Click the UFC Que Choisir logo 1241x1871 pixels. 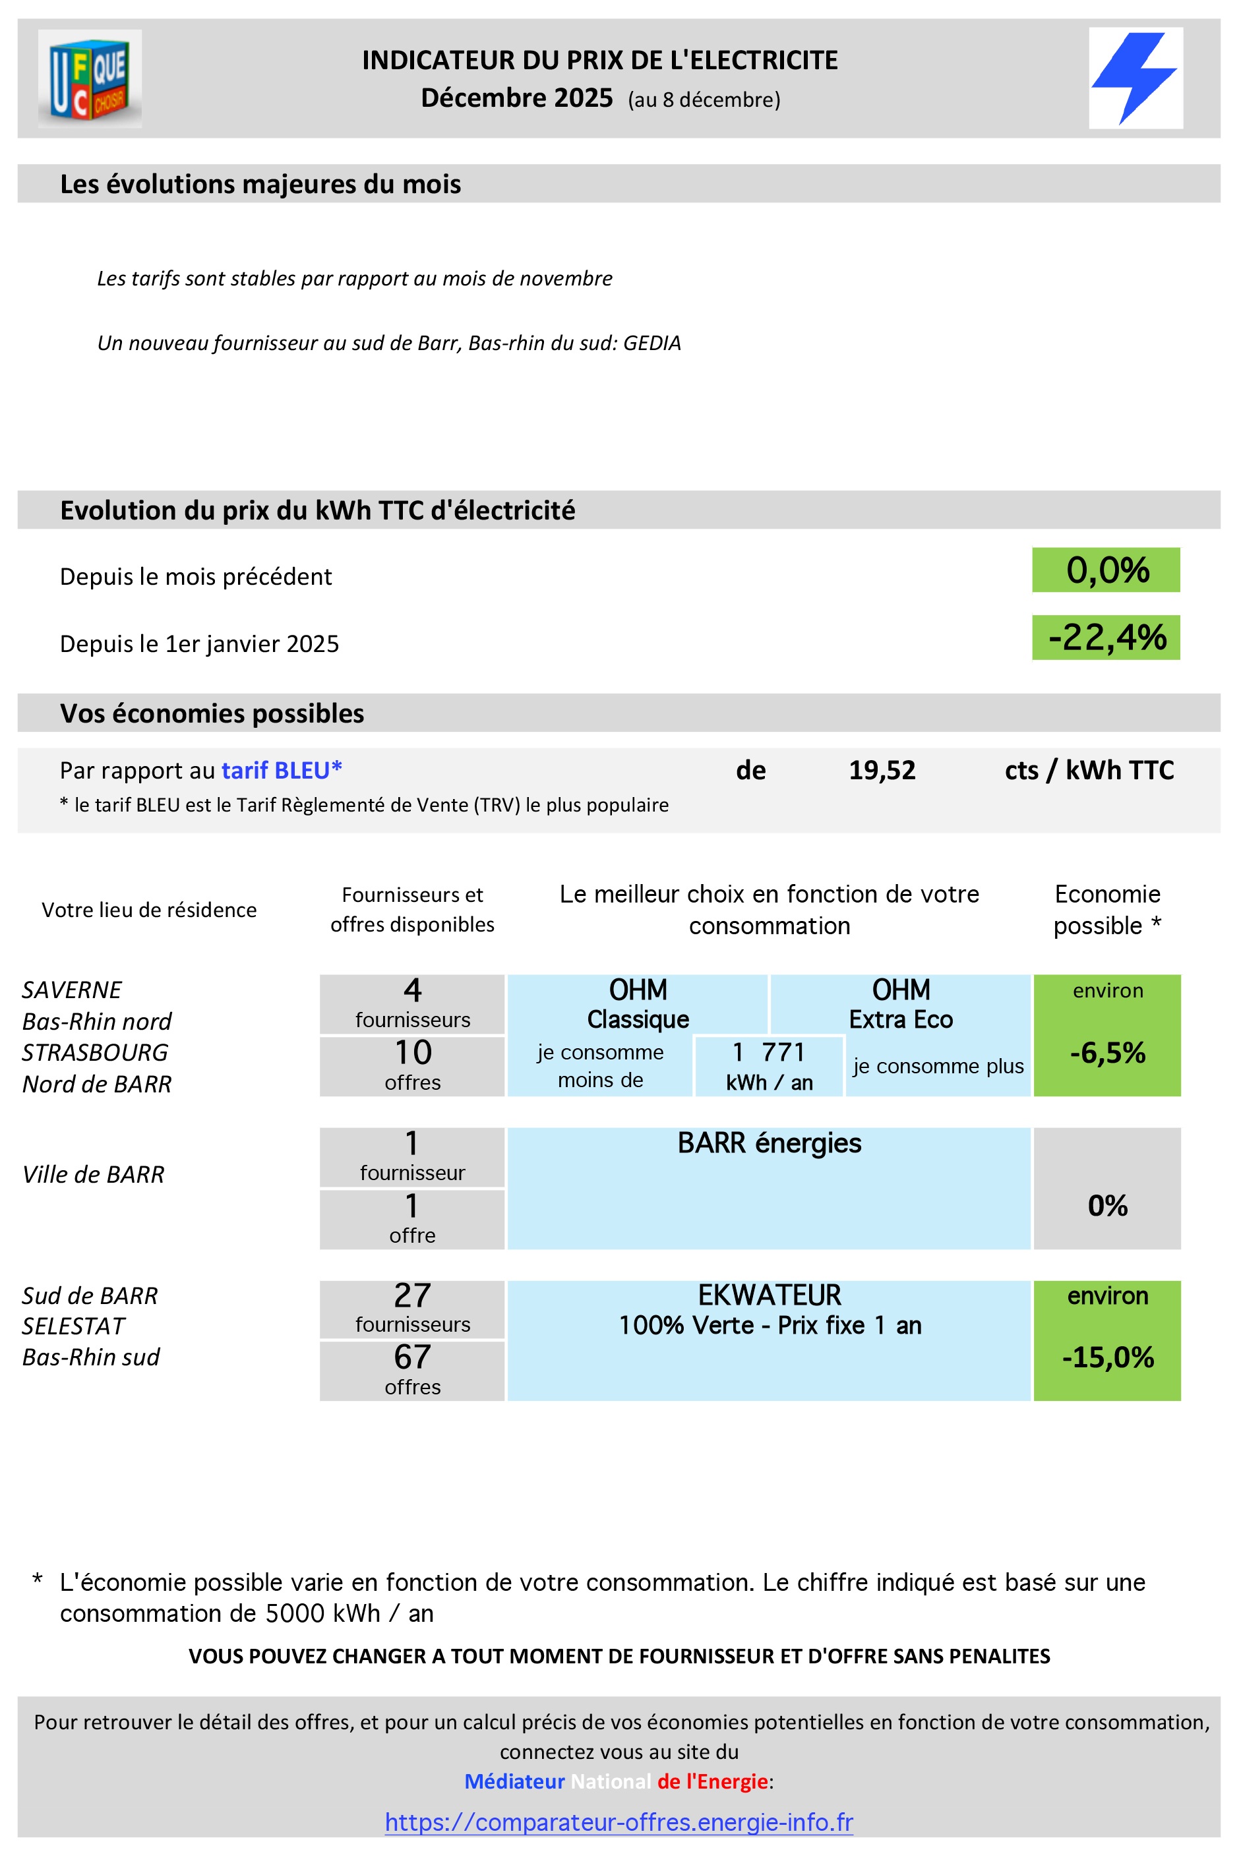click(90, 78)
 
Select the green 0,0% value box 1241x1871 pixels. click(1106, 570)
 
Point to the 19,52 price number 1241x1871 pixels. click(882, 770)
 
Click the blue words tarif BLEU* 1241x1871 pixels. click(281, 770)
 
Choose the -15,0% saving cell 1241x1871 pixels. click(1106, 1357)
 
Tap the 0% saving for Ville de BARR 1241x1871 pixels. click(1106, 1205)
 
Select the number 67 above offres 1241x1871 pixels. click(412, 1357)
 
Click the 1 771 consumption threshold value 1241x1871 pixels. click(768, 1052)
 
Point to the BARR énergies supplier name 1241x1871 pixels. click(768, 1143)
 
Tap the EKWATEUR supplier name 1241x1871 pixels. click(768, 1295)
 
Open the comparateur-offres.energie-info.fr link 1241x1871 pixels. click(619, 1822)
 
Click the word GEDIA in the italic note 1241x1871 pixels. click(651, 343)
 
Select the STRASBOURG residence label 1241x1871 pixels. click(95, 1052)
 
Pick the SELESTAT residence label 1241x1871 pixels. click(74, 1326)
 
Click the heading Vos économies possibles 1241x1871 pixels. click(212, 713)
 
